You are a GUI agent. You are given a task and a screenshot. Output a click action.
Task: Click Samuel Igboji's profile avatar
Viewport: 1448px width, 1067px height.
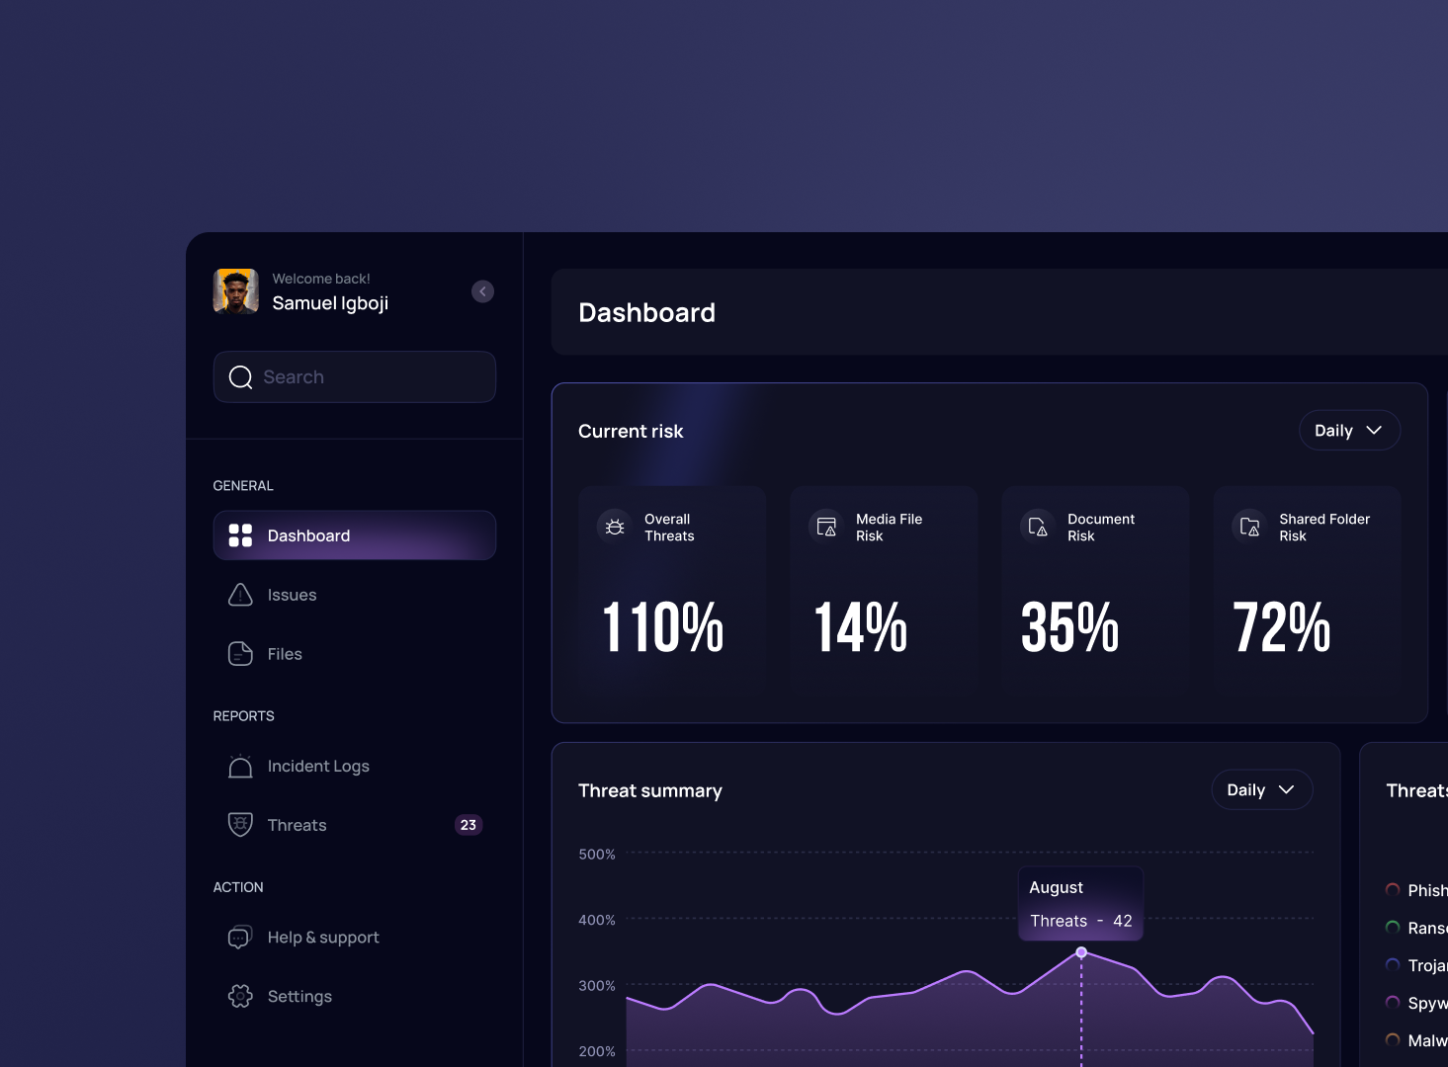point(236,291)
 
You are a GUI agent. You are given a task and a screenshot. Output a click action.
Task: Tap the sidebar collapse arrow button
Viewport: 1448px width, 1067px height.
point(482,291)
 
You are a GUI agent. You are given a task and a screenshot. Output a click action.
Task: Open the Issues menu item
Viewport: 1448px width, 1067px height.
point(292,595)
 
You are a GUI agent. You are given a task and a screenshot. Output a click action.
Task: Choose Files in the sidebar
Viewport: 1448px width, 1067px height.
point(285,654)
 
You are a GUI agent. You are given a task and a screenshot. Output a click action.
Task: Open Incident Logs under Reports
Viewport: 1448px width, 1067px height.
point(317,767)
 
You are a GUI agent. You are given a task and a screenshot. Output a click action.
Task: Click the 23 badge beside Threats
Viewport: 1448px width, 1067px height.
point(468,825)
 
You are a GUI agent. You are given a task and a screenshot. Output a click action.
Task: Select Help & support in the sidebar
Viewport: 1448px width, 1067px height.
point(322,938)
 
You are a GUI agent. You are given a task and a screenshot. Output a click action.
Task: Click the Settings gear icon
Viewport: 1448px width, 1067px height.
point(240,996)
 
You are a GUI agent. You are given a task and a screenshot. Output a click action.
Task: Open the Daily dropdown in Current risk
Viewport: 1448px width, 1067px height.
point(1349,431)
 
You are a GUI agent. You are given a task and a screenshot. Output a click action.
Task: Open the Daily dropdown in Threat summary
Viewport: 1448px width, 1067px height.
point(1261,790)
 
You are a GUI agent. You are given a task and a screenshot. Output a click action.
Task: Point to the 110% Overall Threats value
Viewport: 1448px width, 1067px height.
point(663,627)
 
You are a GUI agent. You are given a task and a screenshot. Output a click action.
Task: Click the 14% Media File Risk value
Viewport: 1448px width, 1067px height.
point(860,627)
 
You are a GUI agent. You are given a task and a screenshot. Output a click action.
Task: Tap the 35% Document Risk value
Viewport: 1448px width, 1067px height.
point(1069,627)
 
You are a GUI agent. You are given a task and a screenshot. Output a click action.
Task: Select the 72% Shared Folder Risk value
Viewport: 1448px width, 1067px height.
point(1281,627)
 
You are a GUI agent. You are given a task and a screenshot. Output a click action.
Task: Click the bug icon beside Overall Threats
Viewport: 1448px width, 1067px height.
point(615,527)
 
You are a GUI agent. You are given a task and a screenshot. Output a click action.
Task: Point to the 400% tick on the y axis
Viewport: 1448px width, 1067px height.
point(597,920)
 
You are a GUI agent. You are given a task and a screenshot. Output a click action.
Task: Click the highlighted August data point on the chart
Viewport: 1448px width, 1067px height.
point(1081,952)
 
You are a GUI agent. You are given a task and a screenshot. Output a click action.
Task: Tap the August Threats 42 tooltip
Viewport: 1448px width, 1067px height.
point(1080,904)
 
